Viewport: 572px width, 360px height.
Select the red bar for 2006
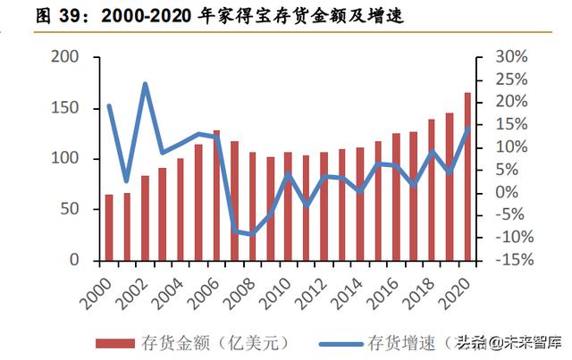216,196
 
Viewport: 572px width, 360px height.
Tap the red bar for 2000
109,228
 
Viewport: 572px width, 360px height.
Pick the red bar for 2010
288,206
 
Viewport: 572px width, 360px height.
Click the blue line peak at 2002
145,85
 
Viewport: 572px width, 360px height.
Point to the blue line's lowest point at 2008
252,235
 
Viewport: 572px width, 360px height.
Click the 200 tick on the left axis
66,56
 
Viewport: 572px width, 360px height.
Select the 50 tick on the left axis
71,209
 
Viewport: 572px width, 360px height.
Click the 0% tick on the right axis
506,192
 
